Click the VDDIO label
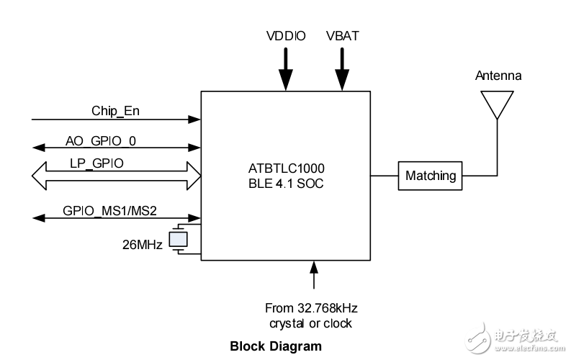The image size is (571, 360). coord(286,35)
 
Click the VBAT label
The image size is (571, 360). coord(343,35)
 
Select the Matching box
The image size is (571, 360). coord(431,176)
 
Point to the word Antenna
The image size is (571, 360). coord(498,76)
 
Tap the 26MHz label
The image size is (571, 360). coord(143,245)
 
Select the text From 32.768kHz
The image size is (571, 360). coord(311,308)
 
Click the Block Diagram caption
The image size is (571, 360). coord(276,346)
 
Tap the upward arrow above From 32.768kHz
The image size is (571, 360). coord(313,277)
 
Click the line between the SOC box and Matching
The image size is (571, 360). coord(385,176)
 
